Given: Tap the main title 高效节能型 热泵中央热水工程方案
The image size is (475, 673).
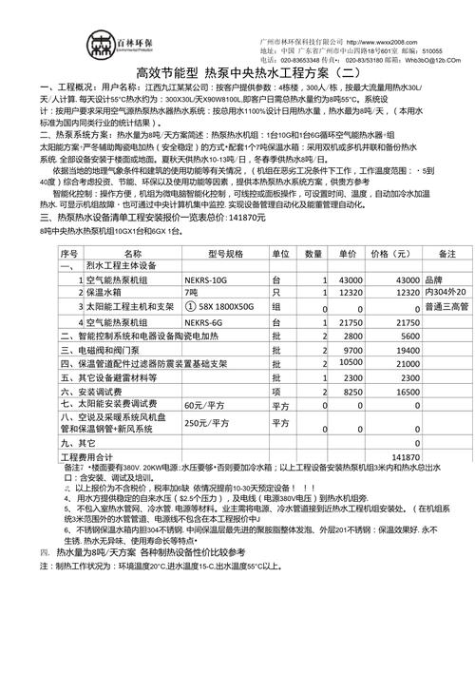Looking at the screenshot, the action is tap(237, 73).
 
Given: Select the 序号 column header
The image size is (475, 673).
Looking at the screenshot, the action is tap(68, 227).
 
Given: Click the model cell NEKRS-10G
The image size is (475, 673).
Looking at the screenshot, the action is tap(207, 254).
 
